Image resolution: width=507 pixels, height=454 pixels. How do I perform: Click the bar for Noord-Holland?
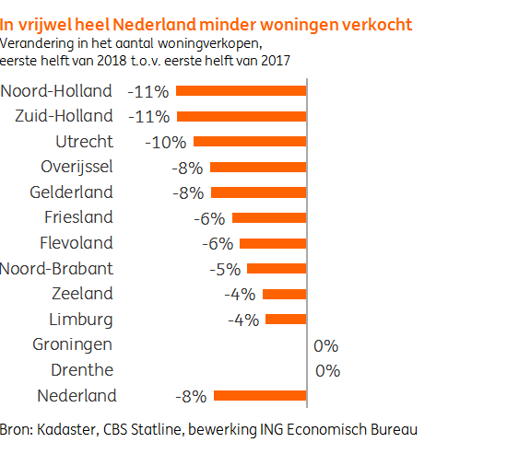tap(241, 91)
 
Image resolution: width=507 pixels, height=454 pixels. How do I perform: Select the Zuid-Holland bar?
tap(241, 116)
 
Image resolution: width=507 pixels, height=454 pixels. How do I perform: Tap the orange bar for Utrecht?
tap(249, 142)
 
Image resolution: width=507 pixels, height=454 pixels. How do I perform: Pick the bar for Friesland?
tap(268, 218)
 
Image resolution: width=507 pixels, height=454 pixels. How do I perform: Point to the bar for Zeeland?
tap(284, 295)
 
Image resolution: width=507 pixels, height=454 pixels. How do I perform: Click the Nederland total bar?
tap(259, 396)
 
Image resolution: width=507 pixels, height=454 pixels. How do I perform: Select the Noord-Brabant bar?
tap(276, 269)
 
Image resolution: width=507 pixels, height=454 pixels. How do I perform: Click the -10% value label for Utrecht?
tap(166, 143)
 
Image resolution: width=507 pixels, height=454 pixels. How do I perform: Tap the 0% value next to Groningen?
tap(326, 346)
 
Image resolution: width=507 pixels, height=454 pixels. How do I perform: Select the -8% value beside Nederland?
tap(191, 397)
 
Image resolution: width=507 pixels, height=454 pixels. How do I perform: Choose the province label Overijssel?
tap(77, 168)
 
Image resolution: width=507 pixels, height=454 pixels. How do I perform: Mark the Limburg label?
tap(80, 320)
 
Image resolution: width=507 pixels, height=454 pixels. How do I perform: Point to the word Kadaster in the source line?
tap(65, 429)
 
